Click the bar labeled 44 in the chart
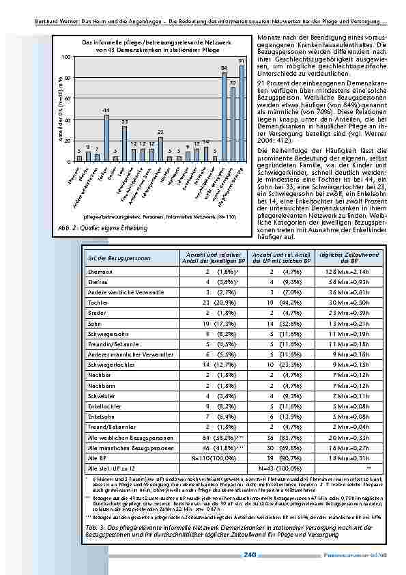pyautogui.click(x=106, y=138)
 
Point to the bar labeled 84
pyautogui.click(x=224, y=117)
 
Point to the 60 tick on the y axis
pyautogui.click(x=66, y=98)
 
